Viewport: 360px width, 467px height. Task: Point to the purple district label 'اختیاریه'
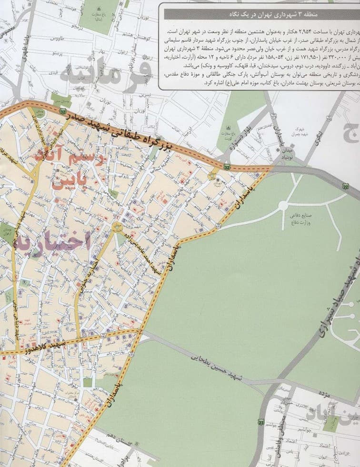[x=53, y=240]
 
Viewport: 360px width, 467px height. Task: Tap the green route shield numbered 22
[x=344, y=187]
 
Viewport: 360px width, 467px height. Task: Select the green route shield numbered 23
[x=260, y=422]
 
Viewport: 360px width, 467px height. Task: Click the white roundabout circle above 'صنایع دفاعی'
[x=282, y=205]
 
